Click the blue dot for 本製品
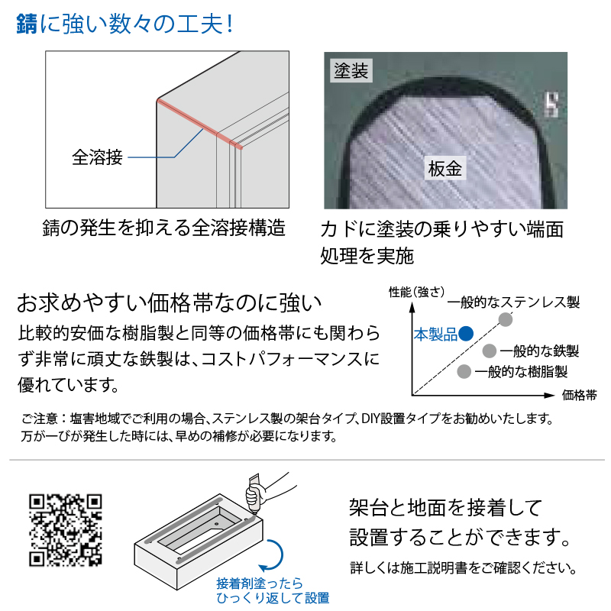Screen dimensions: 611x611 [x=466, y=334]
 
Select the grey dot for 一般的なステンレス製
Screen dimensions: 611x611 [x=506, y=319]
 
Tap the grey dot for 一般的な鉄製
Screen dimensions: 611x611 [x=489, y=351]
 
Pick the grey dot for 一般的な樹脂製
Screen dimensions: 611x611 [x=464, y=371]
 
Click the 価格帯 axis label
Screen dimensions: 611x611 [x=579, y=395]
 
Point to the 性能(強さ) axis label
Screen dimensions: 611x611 [x=416, y=292]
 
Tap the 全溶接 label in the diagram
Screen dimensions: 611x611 [x=98, y=157]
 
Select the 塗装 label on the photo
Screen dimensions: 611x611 [x=351, y=70]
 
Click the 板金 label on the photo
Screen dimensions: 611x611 [x=445, y=168]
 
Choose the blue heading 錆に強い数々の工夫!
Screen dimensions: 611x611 [x=124, y=24]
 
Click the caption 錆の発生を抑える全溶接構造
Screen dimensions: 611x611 [x=164, y=228]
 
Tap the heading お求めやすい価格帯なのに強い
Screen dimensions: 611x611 [x=169, y=302]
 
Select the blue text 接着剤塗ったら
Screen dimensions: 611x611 [x=260, y=584]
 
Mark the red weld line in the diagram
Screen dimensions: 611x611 [x=200, y=124]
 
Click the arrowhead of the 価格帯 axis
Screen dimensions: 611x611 [x=549, y=395]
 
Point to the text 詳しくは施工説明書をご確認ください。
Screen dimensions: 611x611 [x=464, y=567]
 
